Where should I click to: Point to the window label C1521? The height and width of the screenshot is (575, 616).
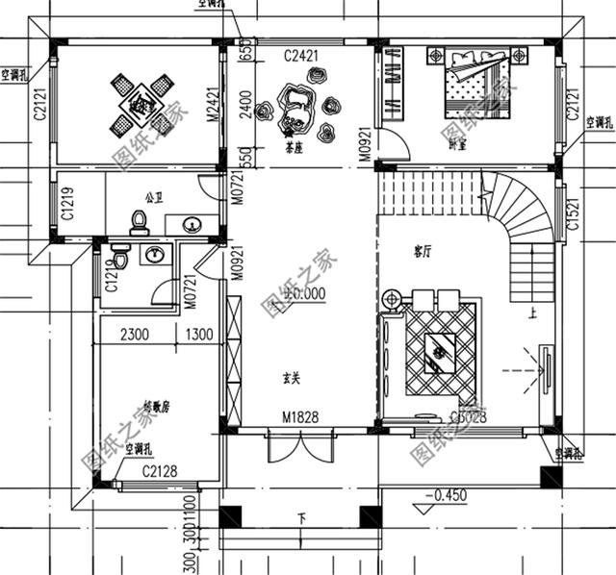pyautogui.click(x=574, y=221)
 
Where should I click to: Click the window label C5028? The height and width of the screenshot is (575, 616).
pyautogui.click(x=468, y=416)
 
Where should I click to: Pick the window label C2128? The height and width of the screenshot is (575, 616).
pyautogui.click(x=160, y=470)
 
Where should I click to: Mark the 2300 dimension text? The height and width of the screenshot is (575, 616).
pyautogui.click(x=135, y=336)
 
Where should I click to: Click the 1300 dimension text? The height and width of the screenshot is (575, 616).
pyautogui.click(x=198, y=336)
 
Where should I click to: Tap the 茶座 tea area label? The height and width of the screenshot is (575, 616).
pyautogui.click(x=295, y=150)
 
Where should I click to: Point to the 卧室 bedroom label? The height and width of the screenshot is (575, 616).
pyautogui.click(x=457, y=145)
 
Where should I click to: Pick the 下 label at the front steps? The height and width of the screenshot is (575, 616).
pyautogui.click(x=302, y=519)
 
